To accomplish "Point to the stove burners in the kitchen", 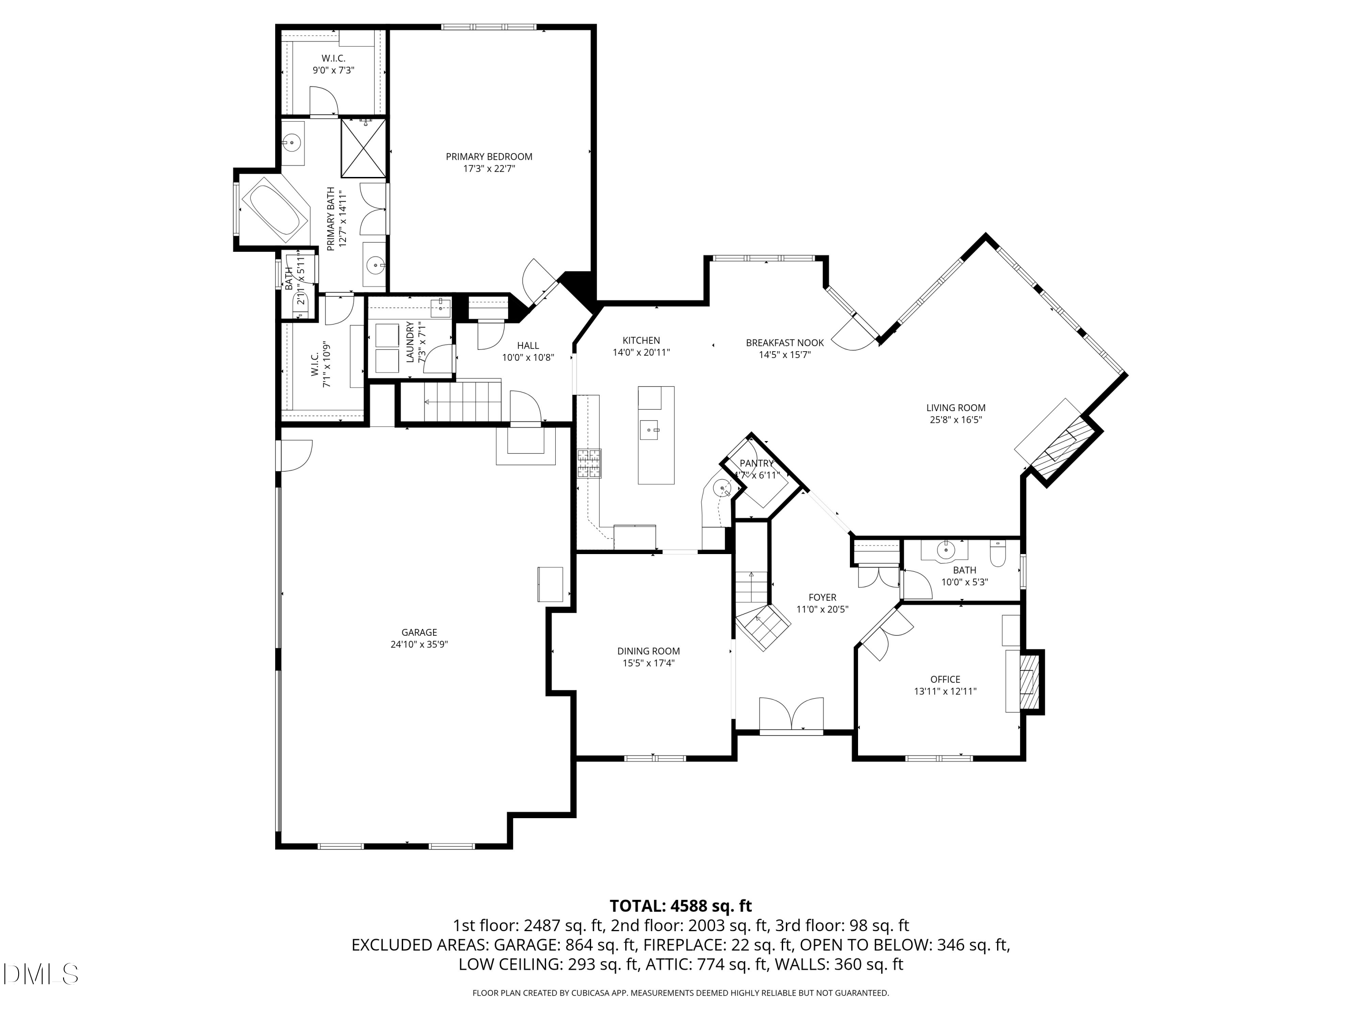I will click(589, 463).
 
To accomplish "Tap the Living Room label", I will click(956, 408).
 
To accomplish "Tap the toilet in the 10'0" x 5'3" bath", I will click(997, 554).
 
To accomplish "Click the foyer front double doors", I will click(791, 716).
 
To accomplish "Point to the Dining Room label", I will click(648, 651).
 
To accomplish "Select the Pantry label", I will click(756, 463).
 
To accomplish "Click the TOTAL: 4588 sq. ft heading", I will click(681, 906).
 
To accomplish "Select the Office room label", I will click(945, 679).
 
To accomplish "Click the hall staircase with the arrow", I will click(462, 401).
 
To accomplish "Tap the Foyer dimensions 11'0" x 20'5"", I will click(822, 610).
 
